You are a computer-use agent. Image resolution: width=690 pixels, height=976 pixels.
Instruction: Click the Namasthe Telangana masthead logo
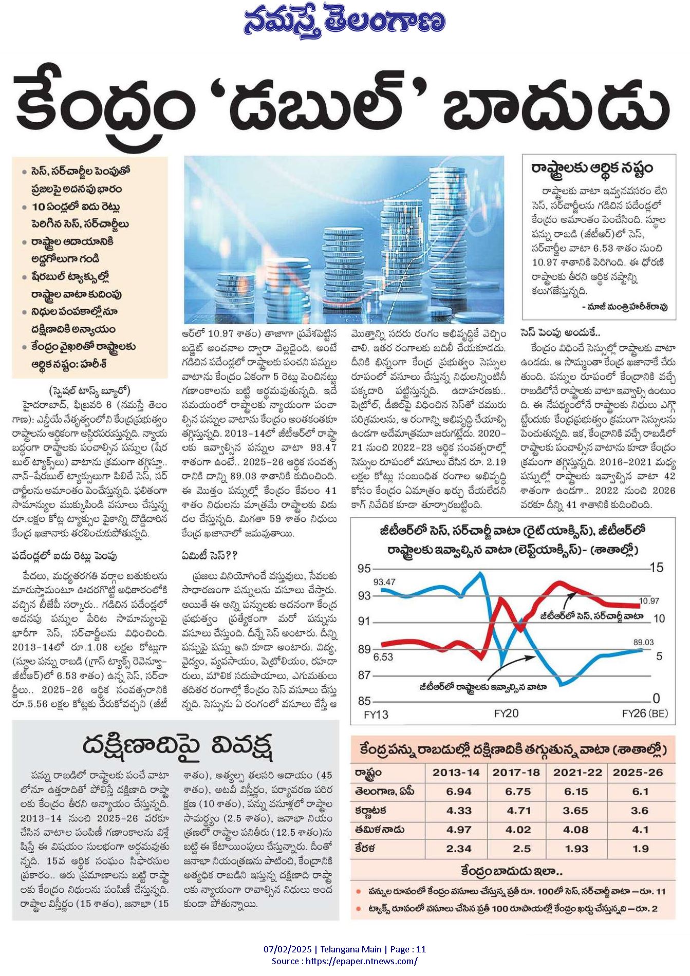(345, 24)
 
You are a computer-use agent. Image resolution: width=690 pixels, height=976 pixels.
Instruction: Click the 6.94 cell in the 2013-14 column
(459, 792)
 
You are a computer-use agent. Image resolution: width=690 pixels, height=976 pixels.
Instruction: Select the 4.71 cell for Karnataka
(518, 811)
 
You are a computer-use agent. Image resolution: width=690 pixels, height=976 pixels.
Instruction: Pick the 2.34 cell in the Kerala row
(459, 849)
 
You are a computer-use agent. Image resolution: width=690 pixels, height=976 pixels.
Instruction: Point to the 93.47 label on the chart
(384, 582)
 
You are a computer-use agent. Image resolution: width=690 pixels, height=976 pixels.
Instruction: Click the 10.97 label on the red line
(649, 600)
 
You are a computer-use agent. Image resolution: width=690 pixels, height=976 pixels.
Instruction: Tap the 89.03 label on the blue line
(643, 642)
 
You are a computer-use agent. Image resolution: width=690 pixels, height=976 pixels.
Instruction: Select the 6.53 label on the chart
(383, 656)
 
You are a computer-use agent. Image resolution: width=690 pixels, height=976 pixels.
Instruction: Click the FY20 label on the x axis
(506, 714)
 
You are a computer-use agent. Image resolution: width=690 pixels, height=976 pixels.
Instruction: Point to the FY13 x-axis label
(376, 715)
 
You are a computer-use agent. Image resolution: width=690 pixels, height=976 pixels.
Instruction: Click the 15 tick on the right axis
(657, 568)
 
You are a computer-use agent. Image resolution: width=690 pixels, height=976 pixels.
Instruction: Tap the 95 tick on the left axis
(364, 569)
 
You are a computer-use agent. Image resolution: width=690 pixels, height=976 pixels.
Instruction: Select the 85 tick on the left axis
(364, 701)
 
